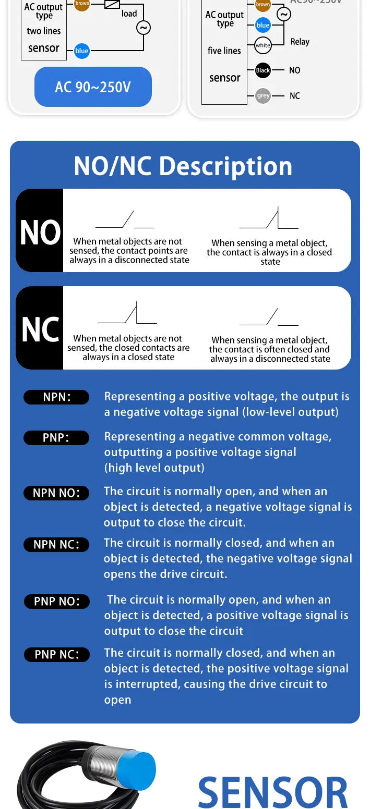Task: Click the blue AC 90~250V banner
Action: click(x=93, y=87)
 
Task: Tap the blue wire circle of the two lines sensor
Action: click(x=82, y=51)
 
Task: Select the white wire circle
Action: click(x=263, y=45)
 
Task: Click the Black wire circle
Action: click(x=263, y=70)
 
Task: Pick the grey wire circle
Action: click(x=263, y=96)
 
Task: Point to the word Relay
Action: click(x=300, y=42)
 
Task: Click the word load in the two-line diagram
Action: click(x=129, y=14)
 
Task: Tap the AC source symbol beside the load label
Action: click(x=143, y=28)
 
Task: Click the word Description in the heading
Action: click(x=225, y=166)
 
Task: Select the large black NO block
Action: click(x=40, y=230)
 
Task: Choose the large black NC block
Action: click(x=40, y=328)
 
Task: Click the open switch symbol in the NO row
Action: click(x=125, y=219)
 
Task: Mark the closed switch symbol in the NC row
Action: click(x=127, y=313)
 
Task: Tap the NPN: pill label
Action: click(x=56, y=397)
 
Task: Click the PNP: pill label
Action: click(x=56, y=438)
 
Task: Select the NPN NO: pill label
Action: click(x=56, y=493)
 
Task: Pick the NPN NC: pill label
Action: click(x=56, y=545)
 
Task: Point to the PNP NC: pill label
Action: click(x=57, y=654)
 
